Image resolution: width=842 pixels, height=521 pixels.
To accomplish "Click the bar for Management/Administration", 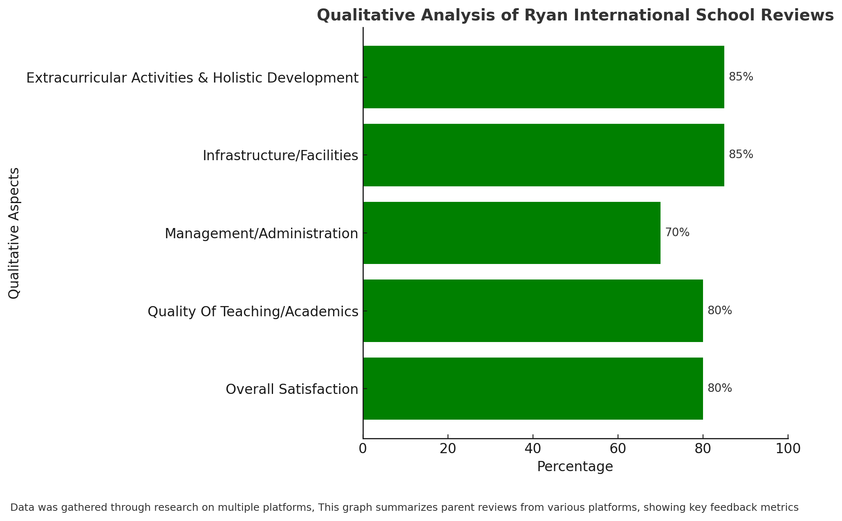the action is (512, 233).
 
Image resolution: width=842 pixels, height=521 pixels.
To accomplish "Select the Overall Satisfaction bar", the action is (533, 389).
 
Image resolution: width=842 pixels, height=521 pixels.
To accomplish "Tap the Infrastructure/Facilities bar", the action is (544, 155).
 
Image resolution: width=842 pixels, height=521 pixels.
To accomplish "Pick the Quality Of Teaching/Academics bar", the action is (533, 311).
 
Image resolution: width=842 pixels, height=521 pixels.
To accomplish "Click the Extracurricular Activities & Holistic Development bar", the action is (544, 77).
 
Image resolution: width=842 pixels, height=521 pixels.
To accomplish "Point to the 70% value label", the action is (677, 233).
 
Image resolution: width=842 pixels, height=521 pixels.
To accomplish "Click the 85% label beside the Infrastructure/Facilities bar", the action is (741, 154).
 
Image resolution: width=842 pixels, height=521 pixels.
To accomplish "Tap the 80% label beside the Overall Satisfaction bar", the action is (720, 388).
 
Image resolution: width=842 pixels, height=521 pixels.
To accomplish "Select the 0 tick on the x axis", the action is (363, 449).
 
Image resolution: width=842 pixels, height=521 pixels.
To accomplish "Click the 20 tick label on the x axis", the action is (448, 449).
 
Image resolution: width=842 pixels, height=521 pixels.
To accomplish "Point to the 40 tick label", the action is (533, 449).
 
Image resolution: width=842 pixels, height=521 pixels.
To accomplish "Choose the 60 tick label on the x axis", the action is (618, 449).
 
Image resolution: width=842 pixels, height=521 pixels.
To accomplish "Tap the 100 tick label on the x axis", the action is (788, 449).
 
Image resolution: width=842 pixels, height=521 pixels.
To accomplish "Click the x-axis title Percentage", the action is (575, 467).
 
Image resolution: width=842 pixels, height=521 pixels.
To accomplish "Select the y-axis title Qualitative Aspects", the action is (14, 233).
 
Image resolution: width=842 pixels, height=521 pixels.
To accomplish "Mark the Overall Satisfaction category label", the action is (292, 389).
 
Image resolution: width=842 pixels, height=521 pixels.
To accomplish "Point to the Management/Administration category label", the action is (262, 233).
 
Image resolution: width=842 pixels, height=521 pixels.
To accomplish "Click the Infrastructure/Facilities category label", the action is (280, 155).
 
